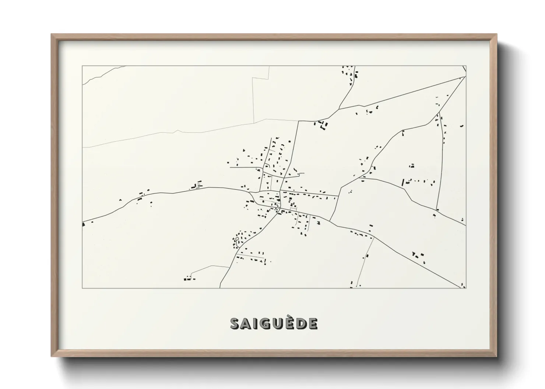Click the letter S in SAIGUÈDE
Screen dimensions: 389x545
click(235, 324)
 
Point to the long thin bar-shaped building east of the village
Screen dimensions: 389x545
click(402, 182)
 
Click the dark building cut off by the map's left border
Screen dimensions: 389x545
click(84, 223)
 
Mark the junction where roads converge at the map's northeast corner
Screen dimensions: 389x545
click(465, 77)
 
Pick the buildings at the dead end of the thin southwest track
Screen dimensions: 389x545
click(188, 279)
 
